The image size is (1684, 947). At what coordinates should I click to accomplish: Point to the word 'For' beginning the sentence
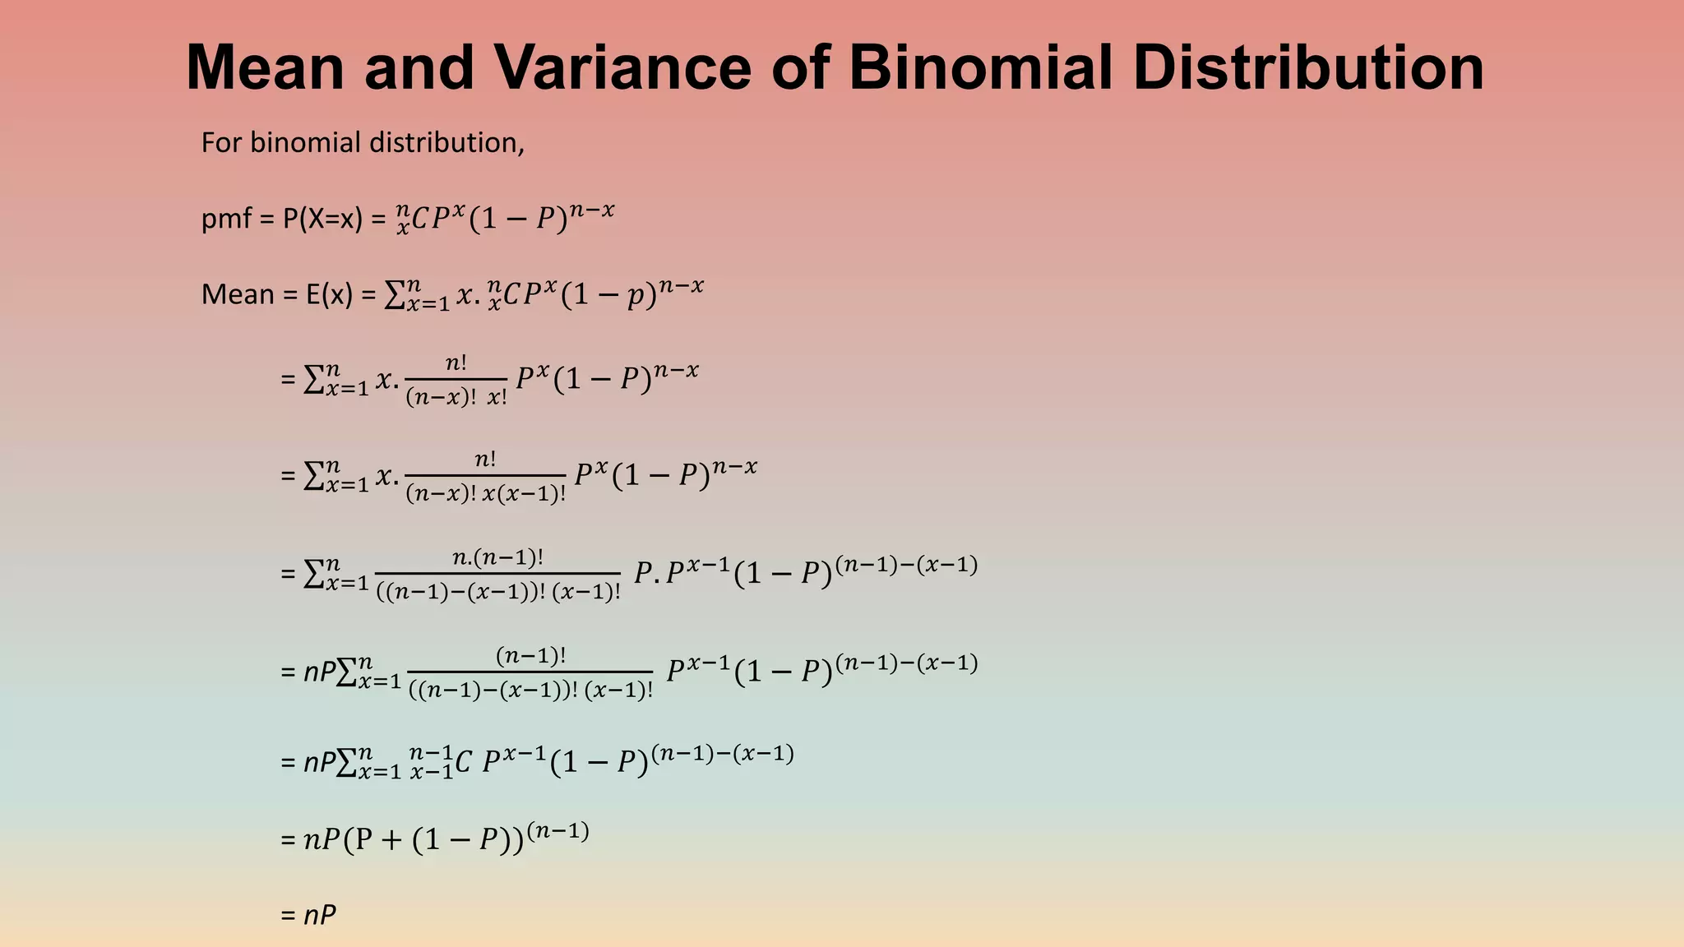[x=221, y=143]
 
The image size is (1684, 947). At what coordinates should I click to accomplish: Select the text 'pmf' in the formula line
[x=226, y=219]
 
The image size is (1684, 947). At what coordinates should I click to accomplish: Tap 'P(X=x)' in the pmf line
[x=322, y=219]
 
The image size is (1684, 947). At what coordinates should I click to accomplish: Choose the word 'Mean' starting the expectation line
[x=238, y=294]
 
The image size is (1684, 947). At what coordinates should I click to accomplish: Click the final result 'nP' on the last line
[x=320, y=915]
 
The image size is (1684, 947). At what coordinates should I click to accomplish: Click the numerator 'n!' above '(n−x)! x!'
[x=456, y=363]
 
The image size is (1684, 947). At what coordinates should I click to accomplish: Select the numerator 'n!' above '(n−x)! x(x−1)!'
[x=485, y=459]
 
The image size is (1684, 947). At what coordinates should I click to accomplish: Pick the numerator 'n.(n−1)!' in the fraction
[x=497, y=557]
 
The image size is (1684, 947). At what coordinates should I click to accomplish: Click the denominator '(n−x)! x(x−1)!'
[x=485, y=494]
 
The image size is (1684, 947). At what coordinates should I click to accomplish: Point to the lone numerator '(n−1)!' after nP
[x=530, y=655]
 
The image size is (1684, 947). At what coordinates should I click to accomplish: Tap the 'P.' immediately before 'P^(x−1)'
[x=646, y=572]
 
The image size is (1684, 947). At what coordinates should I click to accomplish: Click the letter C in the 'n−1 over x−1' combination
[x=463, y=763]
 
